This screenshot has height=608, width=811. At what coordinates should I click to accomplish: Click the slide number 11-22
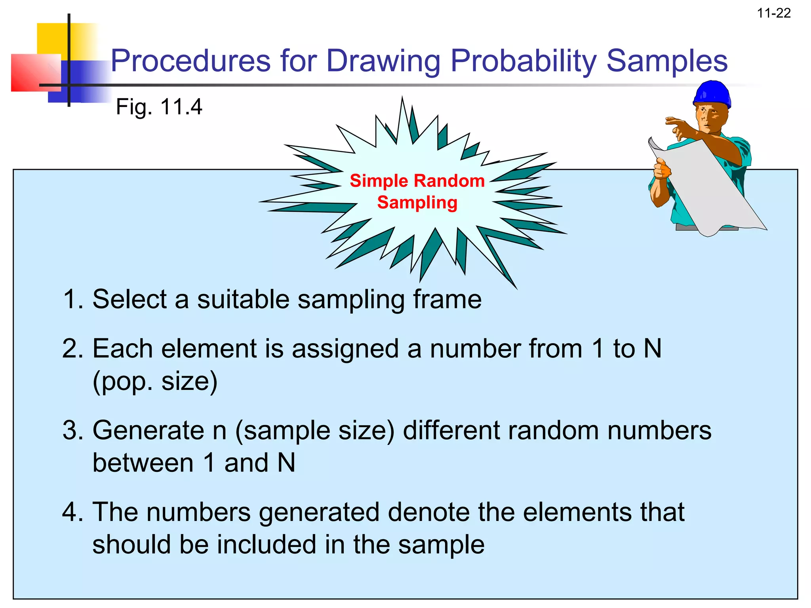(x=773, y=13)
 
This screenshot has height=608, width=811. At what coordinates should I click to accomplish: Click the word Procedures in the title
(x=191, y=61)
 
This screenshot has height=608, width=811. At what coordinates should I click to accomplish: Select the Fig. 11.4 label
(x=159, y=107)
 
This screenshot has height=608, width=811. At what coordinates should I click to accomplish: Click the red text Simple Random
(x=417, y=181)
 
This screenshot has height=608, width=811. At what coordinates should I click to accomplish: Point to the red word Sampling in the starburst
(x=417, y=203)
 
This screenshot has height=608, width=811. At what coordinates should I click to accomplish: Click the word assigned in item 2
(x=345, y=349)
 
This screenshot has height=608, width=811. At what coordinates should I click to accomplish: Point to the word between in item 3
(x=143, y=463)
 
